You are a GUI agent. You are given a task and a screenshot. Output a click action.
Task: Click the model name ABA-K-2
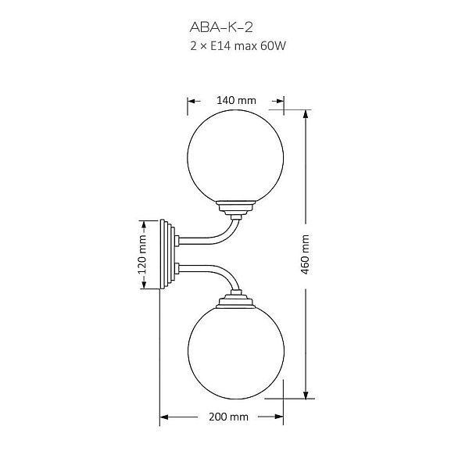pos(221,27)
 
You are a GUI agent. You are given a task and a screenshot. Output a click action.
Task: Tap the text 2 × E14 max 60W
pos(238,46)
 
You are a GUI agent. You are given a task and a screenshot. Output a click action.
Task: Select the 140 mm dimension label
pos(236,101)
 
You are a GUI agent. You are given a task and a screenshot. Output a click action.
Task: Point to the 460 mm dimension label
pos(305,255)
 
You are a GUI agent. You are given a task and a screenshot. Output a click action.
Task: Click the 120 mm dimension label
pos(142,255)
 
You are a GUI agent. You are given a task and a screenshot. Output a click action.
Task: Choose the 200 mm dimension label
pos(228,417)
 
